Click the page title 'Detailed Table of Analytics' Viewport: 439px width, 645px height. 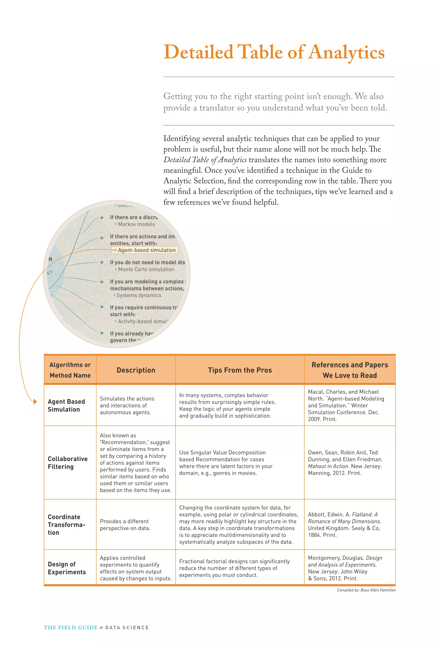[x=274, y=52]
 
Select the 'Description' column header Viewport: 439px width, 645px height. [x=136, y=370]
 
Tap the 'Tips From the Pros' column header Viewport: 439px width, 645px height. [x=240, y=370]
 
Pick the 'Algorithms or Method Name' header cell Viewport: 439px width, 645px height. [x=70, y=370]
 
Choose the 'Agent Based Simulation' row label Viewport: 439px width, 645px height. [x=66, y=405]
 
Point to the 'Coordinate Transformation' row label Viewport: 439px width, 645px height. [x=66, y=525]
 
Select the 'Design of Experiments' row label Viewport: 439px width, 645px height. [x=67, y=568]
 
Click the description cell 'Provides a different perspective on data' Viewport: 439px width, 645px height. [x=125, y=525]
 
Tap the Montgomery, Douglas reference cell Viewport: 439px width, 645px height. [x=345, y=568]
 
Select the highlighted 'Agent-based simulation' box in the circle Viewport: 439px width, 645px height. [x=145, y=250]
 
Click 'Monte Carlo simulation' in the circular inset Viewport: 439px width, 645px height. [x=146, y=269]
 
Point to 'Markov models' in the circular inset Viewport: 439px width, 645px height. [x=136, y=224]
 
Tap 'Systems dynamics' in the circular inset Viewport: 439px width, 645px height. [x=138, y=295]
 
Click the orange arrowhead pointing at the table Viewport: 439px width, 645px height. [x=35, y=401]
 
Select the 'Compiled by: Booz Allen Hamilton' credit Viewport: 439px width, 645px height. [x=366, y=590]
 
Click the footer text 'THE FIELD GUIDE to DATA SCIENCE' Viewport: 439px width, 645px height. [x=96, y=628]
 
